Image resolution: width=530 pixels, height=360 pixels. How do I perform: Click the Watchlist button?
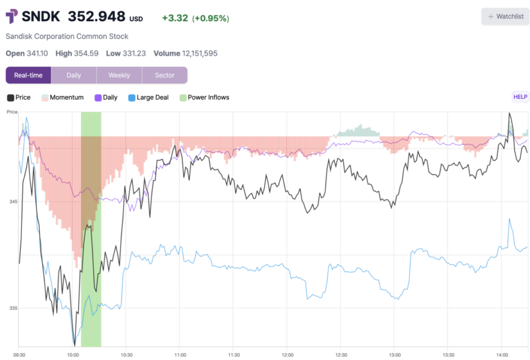505,16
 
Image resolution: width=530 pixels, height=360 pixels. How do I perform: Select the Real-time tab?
28,75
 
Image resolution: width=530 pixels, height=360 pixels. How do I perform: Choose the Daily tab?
73,75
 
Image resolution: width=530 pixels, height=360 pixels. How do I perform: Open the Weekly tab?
120,75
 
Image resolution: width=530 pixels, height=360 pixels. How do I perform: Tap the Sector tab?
165,75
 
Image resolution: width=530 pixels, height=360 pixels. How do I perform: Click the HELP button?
520,97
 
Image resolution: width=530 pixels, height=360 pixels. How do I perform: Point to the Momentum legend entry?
63,97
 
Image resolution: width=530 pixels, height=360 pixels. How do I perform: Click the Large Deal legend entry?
149,97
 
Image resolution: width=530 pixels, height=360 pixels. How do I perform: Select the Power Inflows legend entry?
204,97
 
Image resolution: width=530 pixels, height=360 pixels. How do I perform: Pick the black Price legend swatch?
10,98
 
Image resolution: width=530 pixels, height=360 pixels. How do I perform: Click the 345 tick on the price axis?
13,201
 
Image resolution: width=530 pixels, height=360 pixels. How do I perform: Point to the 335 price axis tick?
13,308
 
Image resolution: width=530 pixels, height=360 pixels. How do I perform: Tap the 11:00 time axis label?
180,355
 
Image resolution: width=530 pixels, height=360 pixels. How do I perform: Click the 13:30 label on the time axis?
449,355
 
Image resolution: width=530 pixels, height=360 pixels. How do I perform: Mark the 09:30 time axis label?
19,355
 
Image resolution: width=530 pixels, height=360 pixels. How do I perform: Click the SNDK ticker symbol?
41,16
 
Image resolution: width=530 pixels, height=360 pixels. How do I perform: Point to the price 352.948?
97,16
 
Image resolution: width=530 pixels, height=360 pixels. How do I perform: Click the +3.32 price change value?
175,18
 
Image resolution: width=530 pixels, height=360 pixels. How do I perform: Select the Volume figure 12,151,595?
200,53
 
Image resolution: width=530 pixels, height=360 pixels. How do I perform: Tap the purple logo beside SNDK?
12,16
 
